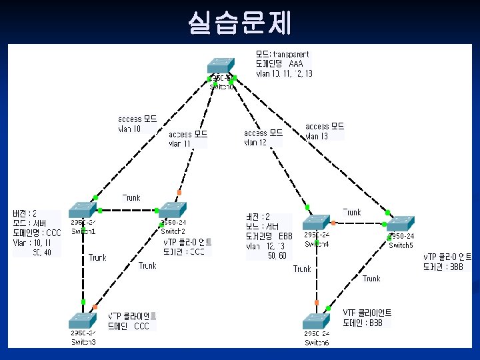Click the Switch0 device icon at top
tap(221, 65)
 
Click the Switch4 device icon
tap(316, 223)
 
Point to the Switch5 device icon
tap(401, 223)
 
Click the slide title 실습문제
tap(239, 23)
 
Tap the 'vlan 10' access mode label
tap(130, 129)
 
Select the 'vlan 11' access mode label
tap(179, 143)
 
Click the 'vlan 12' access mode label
tap(255, 143)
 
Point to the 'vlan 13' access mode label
tap(317, 137)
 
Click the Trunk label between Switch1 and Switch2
tap(131, 198)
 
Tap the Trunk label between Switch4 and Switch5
tap(352, 212)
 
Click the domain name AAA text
tap(296, 63)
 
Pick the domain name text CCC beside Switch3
tap(142, 327)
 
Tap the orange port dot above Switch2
tap(179, 193)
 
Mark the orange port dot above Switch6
tap(317, 302)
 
